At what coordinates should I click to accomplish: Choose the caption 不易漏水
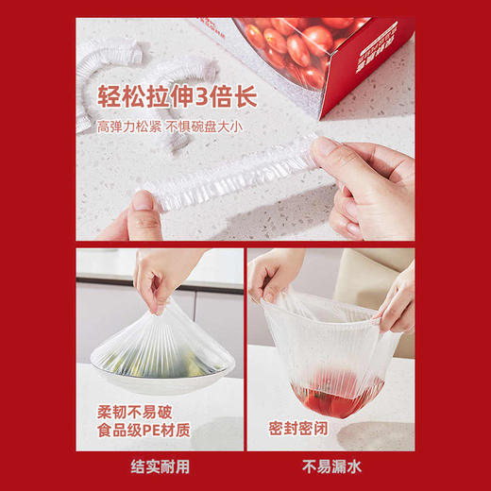tap(330, 466)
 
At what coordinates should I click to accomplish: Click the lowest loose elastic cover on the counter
tap(175, 142)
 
